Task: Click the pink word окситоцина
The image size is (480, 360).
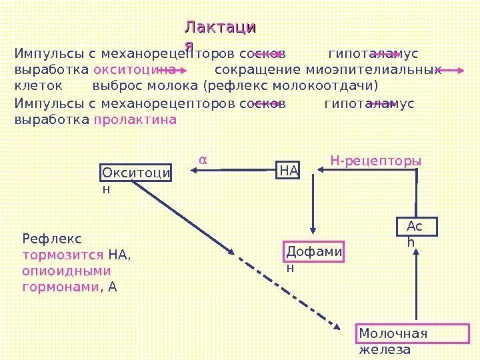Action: coord(134,69)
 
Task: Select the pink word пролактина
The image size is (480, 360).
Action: coord(135,121)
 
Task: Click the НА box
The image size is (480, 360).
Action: coord(289,171)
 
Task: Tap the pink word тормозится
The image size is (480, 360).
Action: coord(63,255)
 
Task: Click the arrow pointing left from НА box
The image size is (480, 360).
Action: coord(234,171)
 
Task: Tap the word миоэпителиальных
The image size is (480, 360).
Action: coord(374,69)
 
